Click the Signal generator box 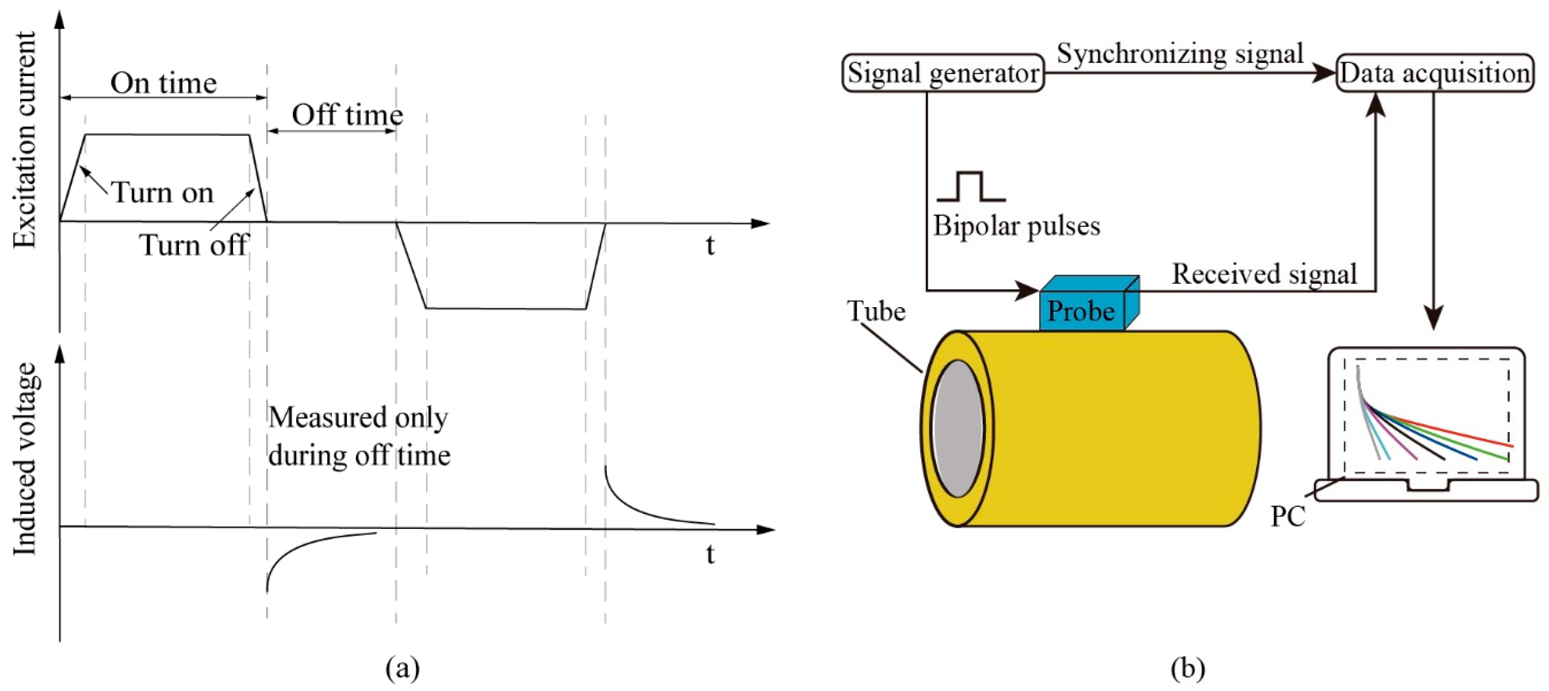pyautogui.click(x=942, y=73)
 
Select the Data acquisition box pyautogui.click(x=1434, y=73)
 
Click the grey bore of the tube pyautogui.click(x=958, y=428)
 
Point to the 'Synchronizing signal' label pyautogui.click(x=1180, y=53)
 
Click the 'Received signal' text pyautogui.click(x=1264, y=274)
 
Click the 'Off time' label pyautogui.click(x=347, y=114)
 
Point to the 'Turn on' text pyautogui.click(x=163, y=193)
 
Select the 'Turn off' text pyautogui.click(x=194, y=245)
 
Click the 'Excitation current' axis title pyautogui.click(x=25, y=140)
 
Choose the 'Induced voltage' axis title pyautogui.click(x=25, y=459)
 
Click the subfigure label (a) pyautogui.click(x=402, y=668)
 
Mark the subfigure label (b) pyautogui.click(x=1188, y=668)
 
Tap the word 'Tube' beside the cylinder pyautogui.click(x=876, y=311)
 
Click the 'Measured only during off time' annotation pyautogui.click(x=359, y=436)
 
